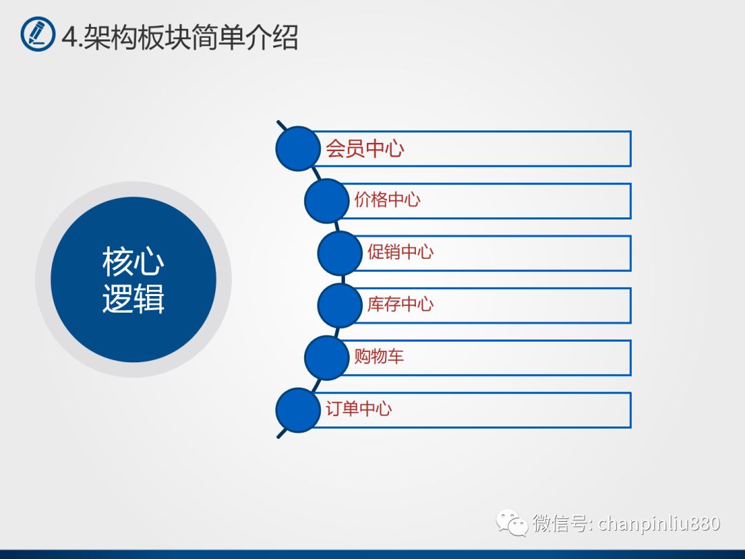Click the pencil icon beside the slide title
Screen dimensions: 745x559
(38, 34)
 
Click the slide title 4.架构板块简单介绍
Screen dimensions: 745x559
(180, 37)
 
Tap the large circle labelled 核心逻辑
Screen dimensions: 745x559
(134, 279)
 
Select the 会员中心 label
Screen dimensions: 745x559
(364, 149)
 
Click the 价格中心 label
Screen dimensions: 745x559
(387, 199)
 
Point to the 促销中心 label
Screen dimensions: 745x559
(401, 252)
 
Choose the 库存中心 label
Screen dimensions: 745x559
(401, 304)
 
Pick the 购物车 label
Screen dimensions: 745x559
(379, 356)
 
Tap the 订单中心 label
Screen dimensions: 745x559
(359, 409)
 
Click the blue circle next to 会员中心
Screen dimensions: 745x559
(298, 149)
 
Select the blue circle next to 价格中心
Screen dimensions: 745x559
(327, 201)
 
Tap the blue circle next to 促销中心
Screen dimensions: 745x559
(339, 253)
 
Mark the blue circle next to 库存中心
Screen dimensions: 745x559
(339, 306)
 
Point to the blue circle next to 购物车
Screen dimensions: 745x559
(327, 358)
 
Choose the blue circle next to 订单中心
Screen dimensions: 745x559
(298, 410)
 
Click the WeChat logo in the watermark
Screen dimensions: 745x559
(512, 522)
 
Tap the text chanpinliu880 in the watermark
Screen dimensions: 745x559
(659, 523)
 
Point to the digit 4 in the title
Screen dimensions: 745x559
(70, 37)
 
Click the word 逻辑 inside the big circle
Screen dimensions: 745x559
(134, 298)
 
